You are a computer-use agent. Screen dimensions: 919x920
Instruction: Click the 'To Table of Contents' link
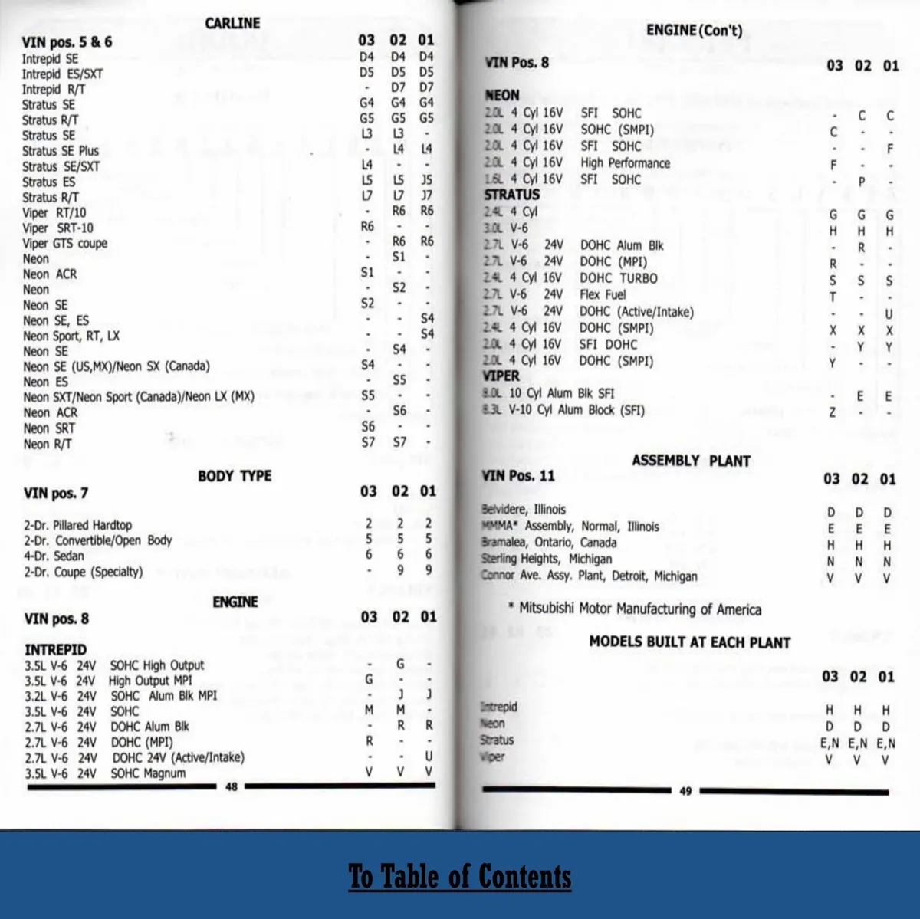click(460, 876)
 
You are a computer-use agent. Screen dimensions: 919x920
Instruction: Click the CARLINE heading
click(232, 23)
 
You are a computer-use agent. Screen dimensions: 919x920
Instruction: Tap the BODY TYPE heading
click(235, 476)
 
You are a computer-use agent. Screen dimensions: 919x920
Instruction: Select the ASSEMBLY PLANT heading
click(691, 461)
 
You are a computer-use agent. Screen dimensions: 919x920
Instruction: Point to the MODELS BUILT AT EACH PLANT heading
click(689, 642)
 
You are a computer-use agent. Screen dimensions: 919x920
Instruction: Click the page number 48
click(232, 786)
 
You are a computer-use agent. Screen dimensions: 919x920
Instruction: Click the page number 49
click(685, 791)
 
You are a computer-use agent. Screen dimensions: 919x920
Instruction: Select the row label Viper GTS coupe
click(65, 244)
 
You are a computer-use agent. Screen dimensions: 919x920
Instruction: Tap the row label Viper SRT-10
click(58, 228)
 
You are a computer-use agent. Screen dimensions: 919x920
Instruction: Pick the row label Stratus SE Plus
click(61, 151)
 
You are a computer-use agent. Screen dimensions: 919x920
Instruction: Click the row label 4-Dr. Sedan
click(54, 556)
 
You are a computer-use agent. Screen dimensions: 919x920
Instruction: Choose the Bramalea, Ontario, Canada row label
click(549, 543)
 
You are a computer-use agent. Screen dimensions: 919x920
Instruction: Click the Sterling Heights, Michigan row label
click(547, 559)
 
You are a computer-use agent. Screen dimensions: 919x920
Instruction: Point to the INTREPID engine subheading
click(55, 649)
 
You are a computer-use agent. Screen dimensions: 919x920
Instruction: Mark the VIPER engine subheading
click(501, 376)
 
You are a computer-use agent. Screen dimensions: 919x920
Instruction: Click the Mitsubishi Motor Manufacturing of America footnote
click(635, 609)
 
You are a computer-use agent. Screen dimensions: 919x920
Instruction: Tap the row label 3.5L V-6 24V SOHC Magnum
click(105, 773)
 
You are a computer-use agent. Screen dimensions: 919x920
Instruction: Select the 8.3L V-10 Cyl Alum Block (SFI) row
click(563, 410)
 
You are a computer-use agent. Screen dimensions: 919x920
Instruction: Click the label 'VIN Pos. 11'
click(518, 476)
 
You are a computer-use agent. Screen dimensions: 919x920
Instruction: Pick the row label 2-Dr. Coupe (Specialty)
click(83, 572)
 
